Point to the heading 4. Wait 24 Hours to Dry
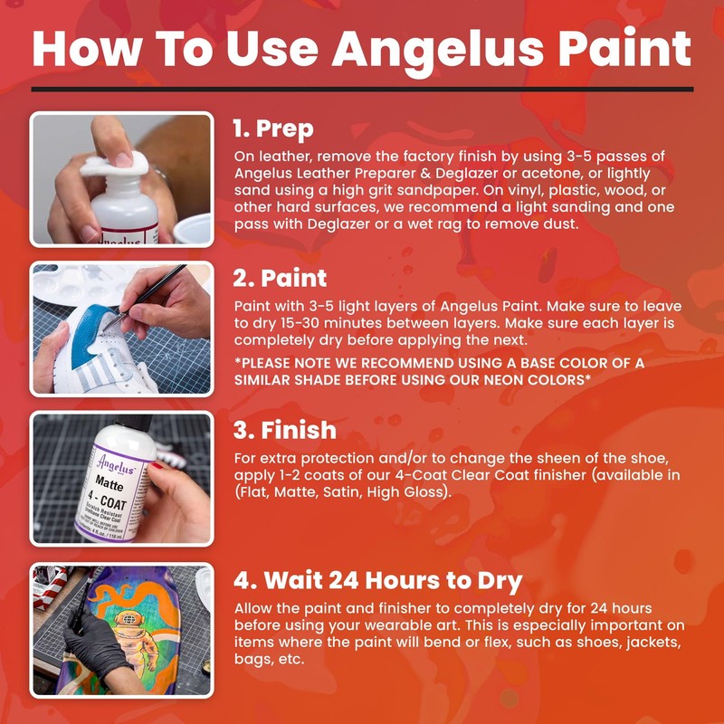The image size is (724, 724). pyautogui.click(x=379, y=578)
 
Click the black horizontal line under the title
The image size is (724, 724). pyautogui.click(x=362, y=89)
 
